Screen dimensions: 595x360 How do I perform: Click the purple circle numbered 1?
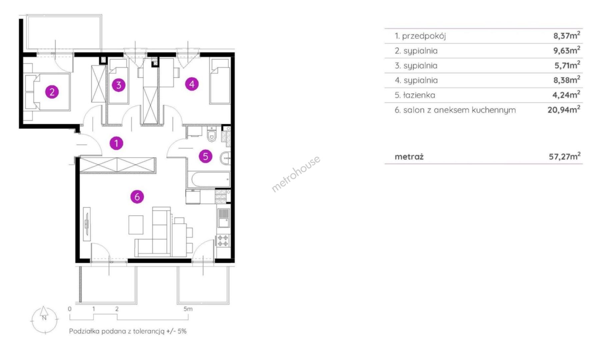click(x=116, y=143)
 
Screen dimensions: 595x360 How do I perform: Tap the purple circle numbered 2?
click(x=52, y=92)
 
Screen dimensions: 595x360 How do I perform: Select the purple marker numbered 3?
click(x=118, y=85)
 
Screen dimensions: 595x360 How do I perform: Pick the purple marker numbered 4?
click(x=192, y=84)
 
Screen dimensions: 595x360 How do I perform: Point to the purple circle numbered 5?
click(x=206, y=156)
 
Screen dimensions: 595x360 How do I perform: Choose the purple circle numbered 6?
click(x=137, y=197)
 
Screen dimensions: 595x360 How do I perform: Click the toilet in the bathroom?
click(x=211, y=134)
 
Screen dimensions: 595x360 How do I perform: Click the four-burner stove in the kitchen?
click(x=223, y=241)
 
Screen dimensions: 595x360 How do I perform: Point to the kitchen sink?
click(x=223, y=218)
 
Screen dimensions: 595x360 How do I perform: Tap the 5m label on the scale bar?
click(x=188, y=309)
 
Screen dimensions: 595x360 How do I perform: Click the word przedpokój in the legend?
click(x=424, y=36)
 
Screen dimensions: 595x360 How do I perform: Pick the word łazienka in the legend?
click(x=419, y=95)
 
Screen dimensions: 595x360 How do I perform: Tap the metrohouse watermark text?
click(x=296, y=174)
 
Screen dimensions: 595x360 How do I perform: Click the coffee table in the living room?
click(x=136, y=225)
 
